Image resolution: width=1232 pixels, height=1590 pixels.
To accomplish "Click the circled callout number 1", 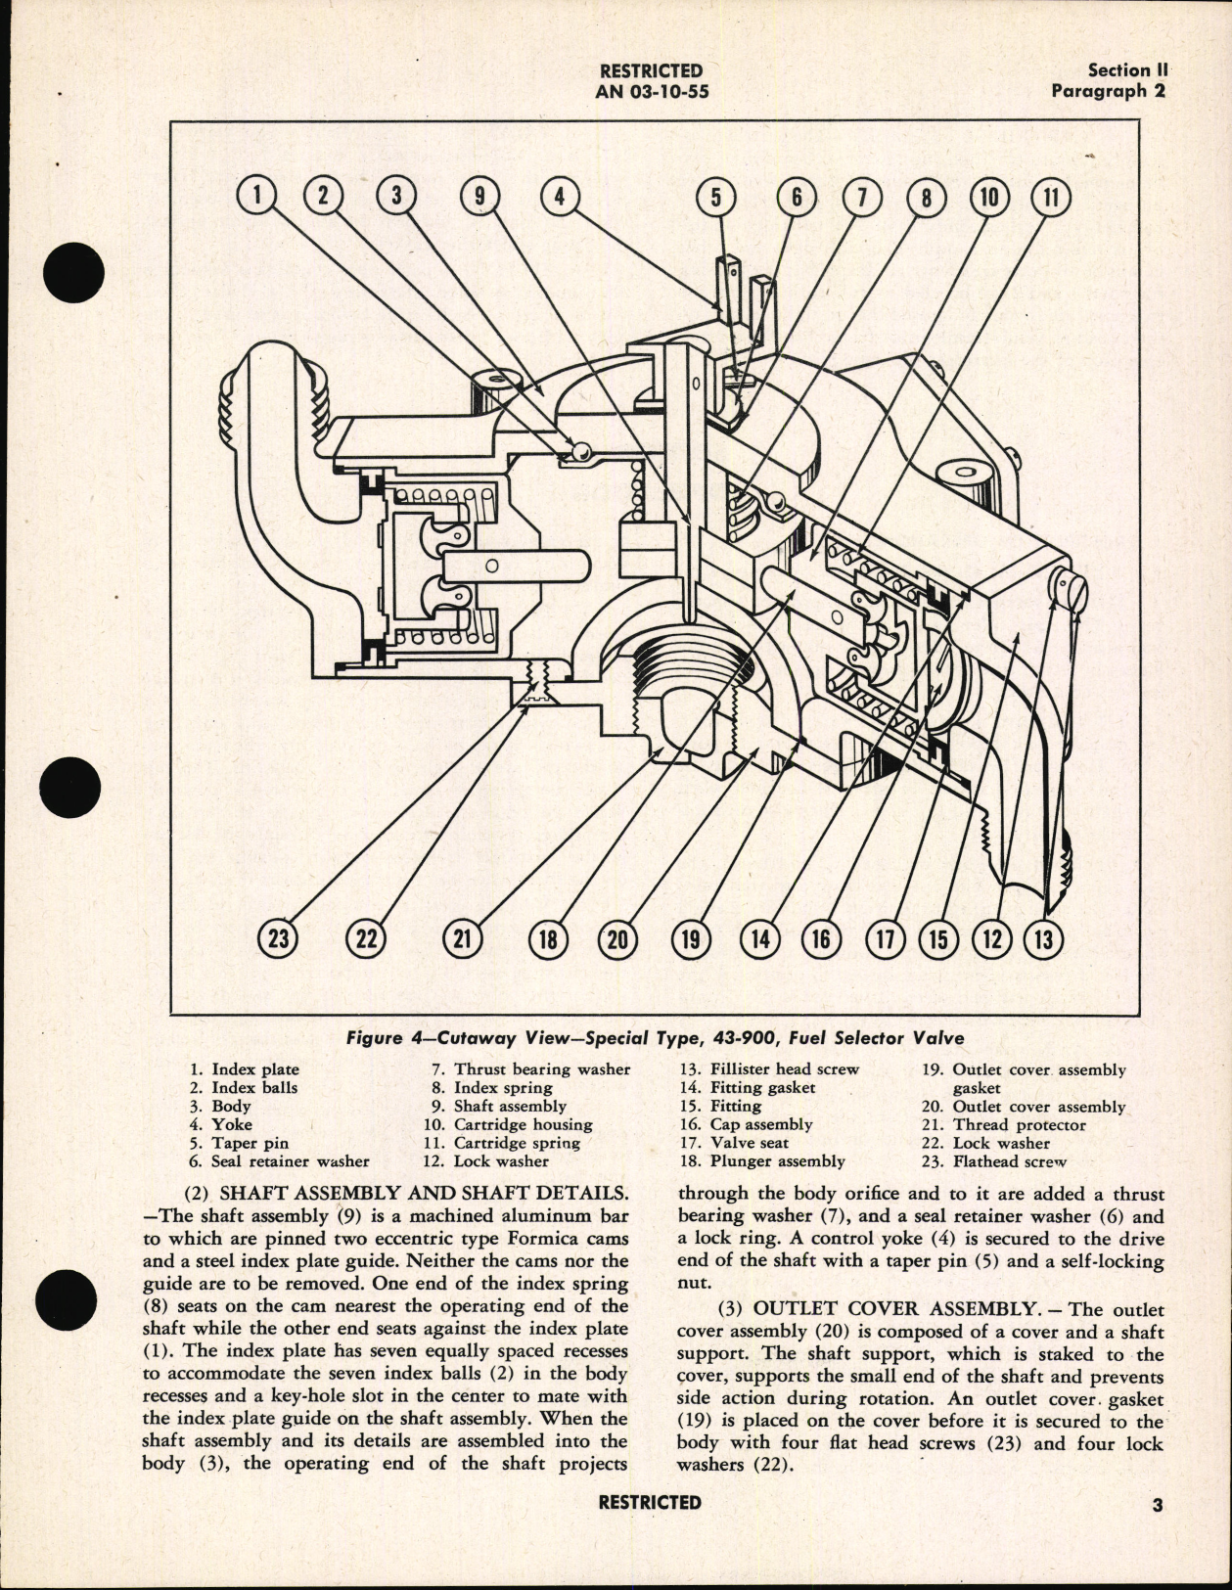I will click(x=257, y=196).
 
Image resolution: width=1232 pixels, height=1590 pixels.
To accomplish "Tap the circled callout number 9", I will click(x=479, y=196).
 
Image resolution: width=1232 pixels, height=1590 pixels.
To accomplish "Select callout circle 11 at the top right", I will click(x=1051, y=197).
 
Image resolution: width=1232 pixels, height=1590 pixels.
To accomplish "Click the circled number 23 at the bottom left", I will click(x=279, y=939).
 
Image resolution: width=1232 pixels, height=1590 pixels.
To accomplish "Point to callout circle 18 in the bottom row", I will click(x=548, y=939).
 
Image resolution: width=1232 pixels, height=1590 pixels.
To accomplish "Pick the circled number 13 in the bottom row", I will click(x=1043, y=939).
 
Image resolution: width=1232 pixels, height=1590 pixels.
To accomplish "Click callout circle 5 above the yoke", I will click(x=715, y=197).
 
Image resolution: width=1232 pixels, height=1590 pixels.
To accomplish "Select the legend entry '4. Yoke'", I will click(x=221, y=1124).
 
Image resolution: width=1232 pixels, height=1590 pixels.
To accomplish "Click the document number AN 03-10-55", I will click(x=651, y=92).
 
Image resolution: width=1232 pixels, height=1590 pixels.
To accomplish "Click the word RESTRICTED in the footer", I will click(x=650, y=1502).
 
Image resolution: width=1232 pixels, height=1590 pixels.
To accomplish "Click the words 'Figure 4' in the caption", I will click(x=408, y=1039).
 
